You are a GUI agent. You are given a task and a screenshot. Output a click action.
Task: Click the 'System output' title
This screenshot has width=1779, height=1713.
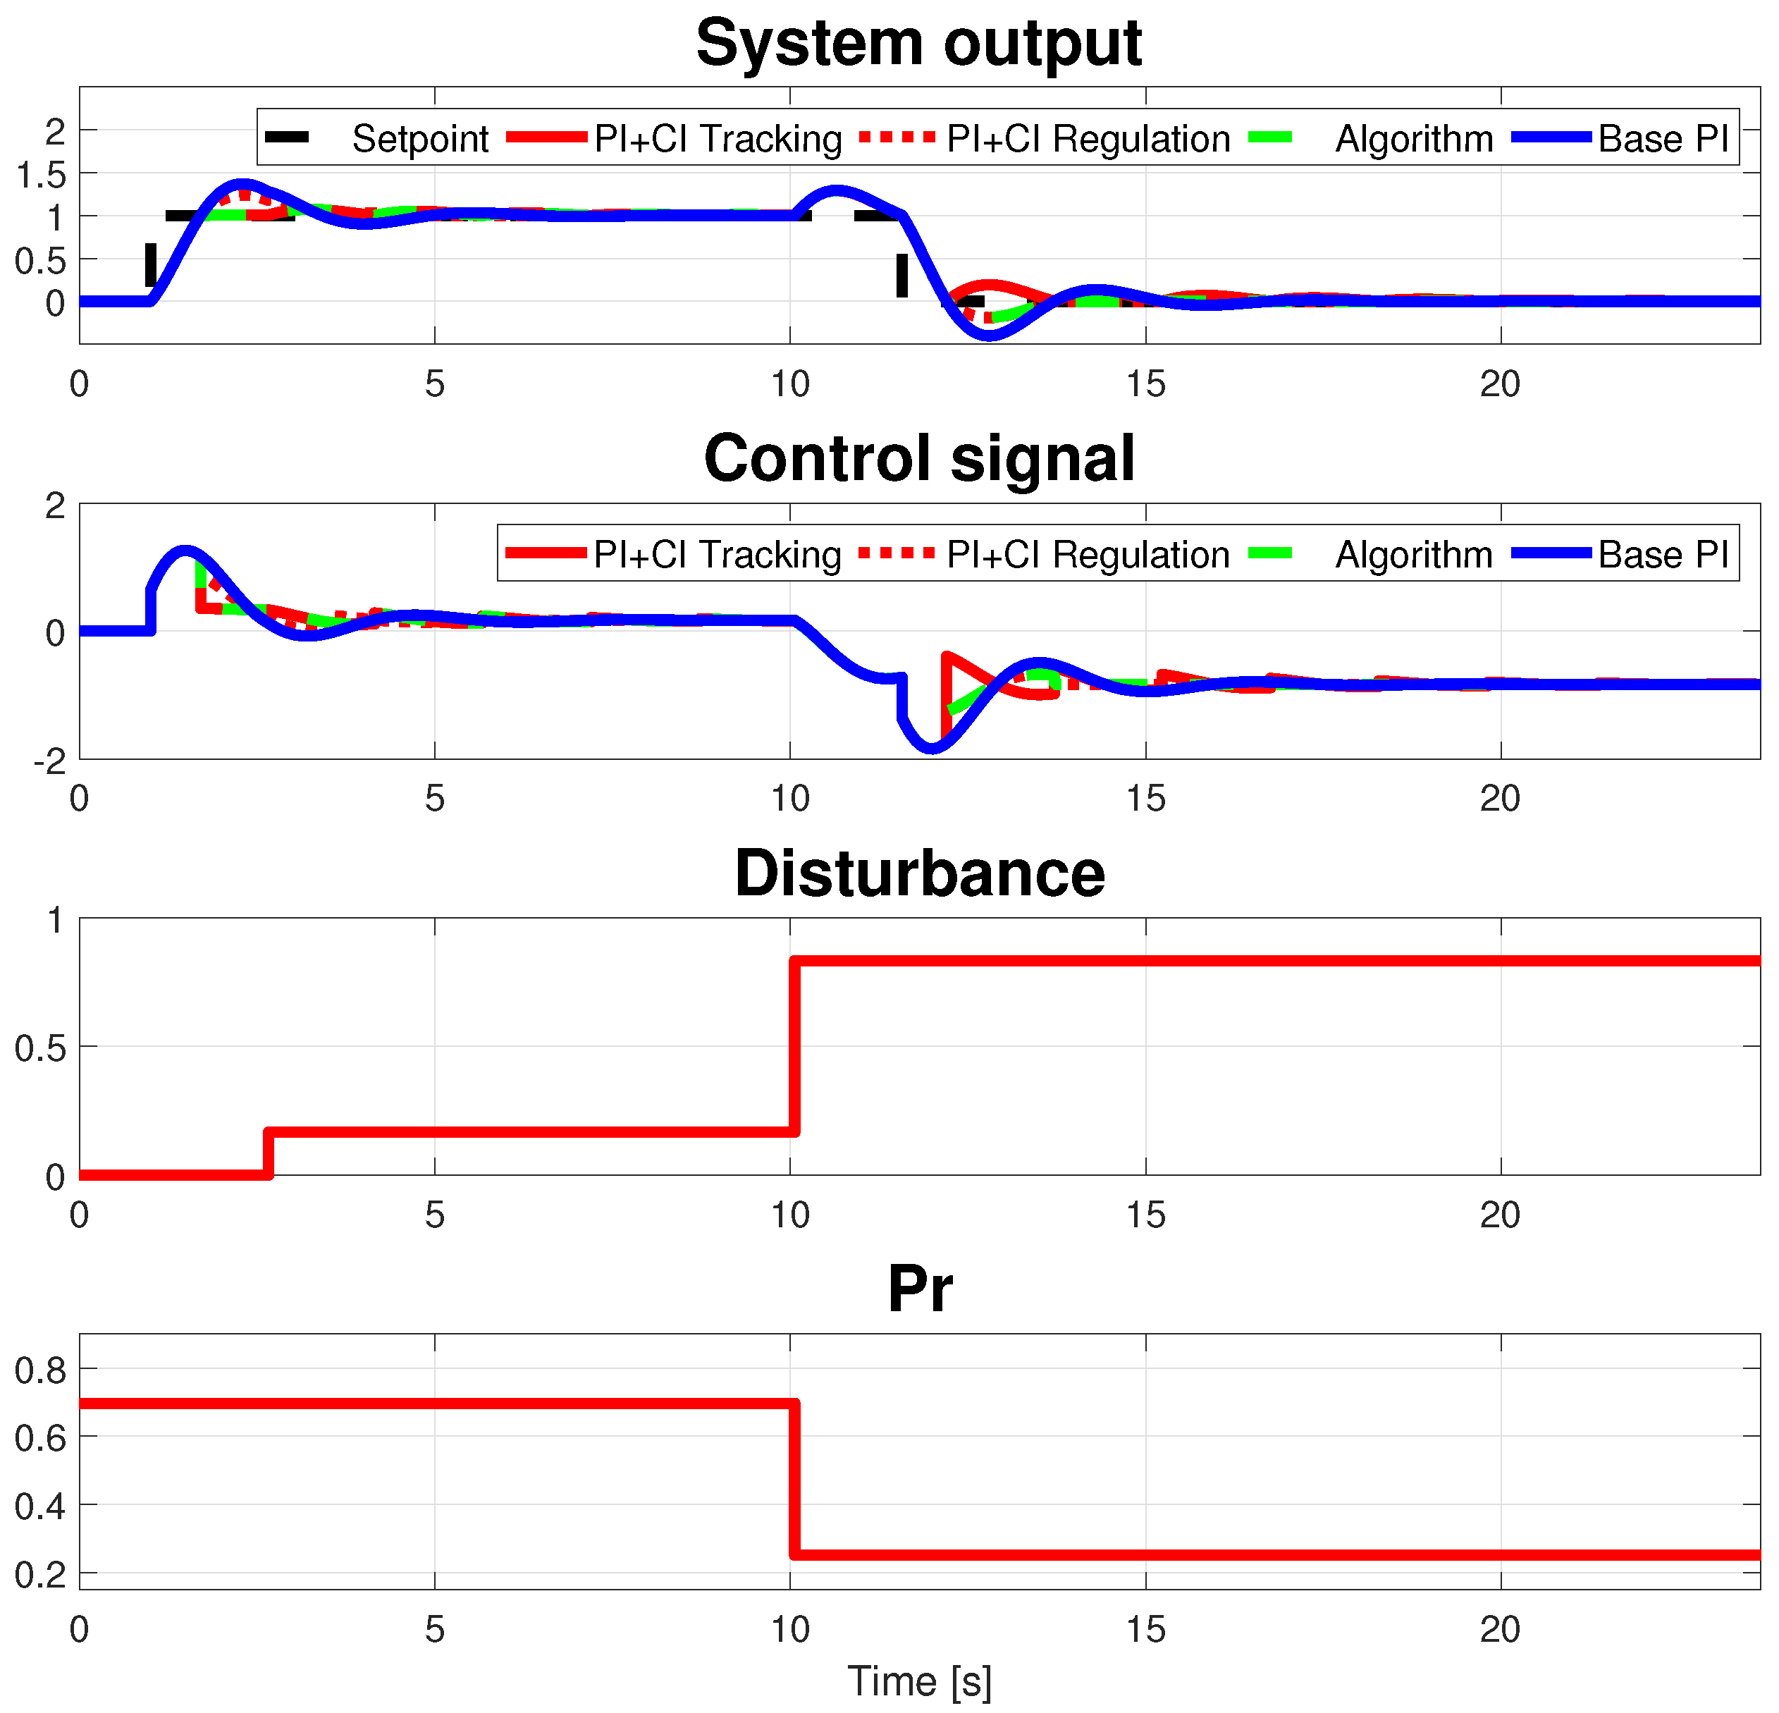click(918, 43)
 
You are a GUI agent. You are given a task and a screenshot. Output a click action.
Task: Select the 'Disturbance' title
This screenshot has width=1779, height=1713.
click(918, 873)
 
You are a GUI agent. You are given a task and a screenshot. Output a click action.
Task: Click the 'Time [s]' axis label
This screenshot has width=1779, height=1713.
click(918, 1681)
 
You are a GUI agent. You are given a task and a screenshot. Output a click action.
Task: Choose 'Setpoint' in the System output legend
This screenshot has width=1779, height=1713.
click(419, 139)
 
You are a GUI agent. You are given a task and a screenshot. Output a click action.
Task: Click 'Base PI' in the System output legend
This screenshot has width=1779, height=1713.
click(1663, 139)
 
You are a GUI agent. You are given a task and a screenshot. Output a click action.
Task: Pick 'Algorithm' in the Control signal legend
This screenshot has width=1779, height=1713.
click(1413, 554)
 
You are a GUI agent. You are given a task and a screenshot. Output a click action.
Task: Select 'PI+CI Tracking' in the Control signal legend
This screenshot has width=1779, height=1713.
click(717, 554)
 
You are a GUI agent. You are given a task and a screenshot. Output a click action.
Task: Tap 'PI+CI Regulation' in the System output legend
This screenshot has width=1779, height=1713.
click(1088, 139)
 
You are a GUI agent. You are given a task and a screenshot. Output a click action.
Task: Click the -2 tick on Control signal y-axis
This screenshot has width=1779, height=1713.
click(50, 761)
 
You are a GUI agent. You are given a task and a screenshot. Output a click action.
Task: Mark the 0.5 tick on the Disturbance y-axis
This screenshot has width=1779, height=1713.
click(42, 1048)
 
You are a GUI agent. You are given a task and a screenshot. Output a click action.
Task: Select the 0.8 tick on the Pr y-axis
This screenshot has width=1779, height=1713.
click(42, 1370)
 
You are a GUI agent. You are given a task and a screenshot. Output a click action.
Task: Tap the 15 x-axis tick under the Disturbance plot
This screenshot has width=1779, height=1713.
click(1145, 1214)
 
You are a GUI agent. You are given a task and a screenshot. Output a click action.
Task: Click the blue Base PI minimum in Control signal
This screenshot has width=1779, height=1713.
click(931, 749)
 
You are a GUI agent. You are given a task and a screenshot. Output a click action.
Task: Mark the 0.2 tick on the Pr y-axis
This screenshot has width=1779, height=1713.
click(42, 1574)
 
